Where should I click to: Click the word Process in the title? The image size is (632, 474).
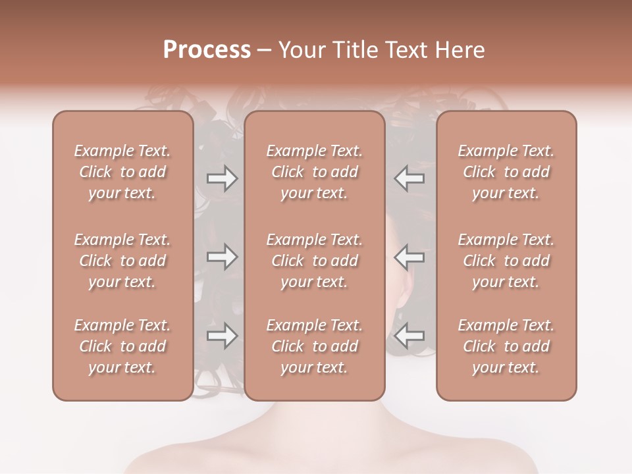click(x=207, y=50)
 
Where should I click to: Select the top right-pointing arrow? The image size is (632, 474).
click(x=222, y=178)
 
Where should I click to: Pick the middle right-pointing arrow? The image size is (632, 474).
click(x=222, y=257)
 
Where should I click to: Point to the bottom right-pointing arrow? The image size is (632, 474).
click(x=222, y=336)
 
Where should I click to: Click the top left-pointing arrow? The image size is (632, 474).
click(x=409, y=178)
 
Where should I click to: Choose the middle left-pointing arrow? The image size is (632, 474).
click(x=409, y=257)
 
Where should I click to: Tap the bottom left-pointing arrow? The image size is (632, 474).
click(x=409, y=336)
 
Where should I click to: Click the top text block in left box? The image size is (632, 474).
click(x=122, y=172)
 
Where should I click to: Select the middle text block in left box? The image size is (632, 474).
click(x=122, y=261)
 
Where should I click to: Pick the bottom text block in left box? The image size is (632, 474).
click(x=122, y=346)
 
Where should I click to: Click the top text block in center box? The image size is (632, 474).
click(x=314, y=172)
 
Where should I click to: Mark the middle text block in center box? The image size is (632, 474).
click(x=314, y=261)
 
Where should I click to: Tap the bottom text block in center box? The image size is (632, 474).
click(x=314, y=346)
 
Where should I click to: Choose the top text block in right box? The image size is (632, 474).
click(x=506, y=172)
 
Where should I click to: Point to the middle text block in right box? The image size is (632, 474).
click(x=506, y=261)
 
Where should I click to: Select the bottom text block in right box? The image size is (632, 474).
click(x=506, y=346)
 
